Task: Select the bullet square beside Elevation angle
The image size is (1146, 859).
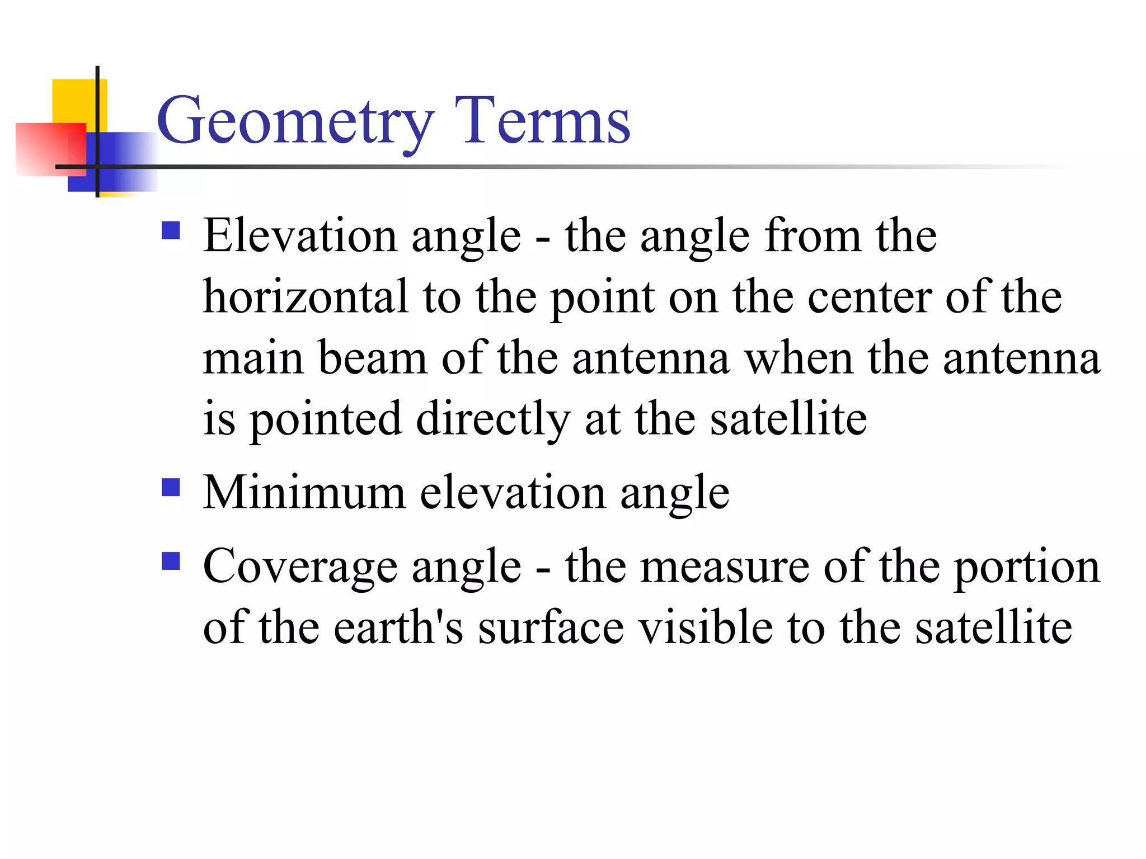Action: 171,230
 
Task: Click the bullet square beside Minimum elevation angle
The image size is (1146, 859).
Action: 171,487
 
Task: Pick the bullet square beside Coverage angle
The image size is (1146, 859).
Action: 171,561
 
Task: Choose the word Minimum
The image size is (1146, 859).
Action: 304,493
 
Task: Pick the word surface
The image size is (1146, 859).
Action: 551,628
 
